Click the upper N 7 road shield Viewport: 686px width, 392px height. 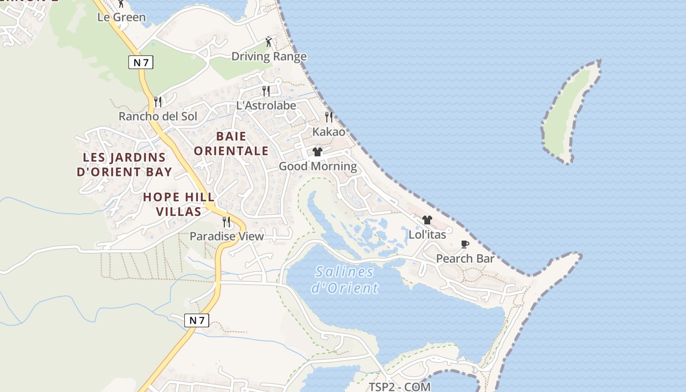[x=141, y=62]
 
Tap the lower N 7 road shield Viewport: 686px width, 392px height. [x=196, y=320]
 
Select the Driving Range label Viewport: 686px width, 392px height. [x=269, y=56]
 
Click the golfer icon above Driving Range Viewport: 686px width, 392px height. [x=269, y=42]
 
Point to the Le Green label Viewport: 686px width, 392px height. [x=122, y=17]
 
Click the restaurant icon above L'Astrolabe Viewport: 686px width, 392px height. [x=266, y=91]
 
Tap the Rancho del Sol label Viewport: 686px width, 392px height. [x=158, y=116]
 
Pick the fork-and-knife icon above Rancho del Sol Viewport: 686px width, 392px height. [x=158, y=101]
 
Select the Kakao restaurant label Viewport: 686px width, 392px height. [x=329, y=132]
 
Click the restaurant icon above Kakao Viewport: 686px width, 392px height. [x=329, y=117]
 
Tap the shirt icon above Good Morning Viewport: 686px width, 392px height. [x=318, y=152]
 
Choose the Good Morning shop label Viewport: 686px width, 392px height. [x=318, y=166]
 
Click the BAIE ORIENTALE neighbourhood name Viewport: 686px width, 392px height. [x=231, y=143]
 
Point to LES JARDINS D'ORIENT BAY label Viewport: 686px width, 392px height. [x=124, y=165]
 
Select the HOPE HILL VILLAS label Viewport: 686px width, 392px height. [x=178, y=204]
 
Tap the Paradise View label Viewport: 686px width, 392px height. [x=226, y=236]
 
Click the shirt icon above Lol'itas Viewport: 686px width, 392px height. [x=427, y=220]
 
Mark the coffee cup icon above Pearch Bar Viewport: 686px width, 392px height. [x=465, y=244]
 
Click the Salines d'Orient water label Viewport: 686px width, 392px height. [x=345, y=279]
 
